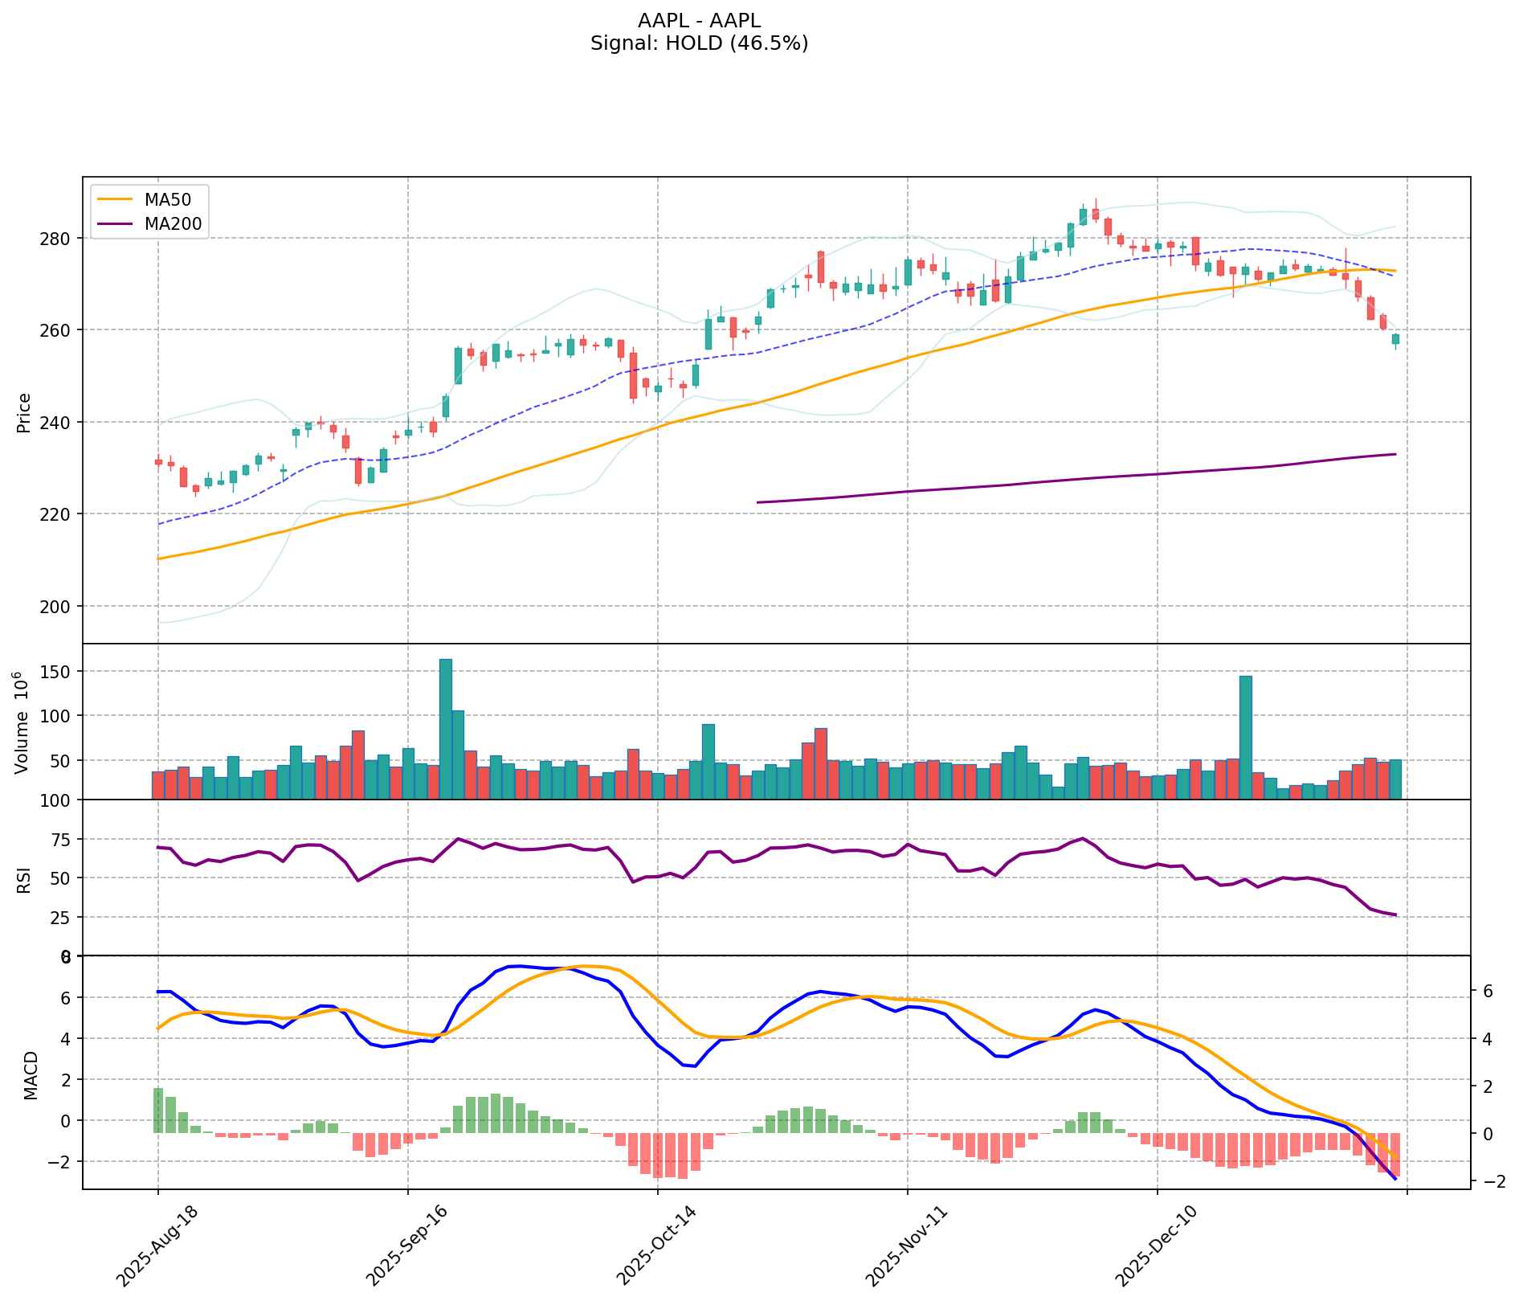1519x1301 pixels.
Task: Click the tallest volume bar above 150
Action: tap(446, 728)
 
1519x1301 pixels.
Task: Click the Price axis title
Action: tap(24, 412)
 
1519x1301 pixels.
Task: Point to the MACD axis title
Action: tap(31, 1075)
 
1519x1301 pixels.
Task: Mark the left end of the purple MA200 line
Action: tap(757, 502)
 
